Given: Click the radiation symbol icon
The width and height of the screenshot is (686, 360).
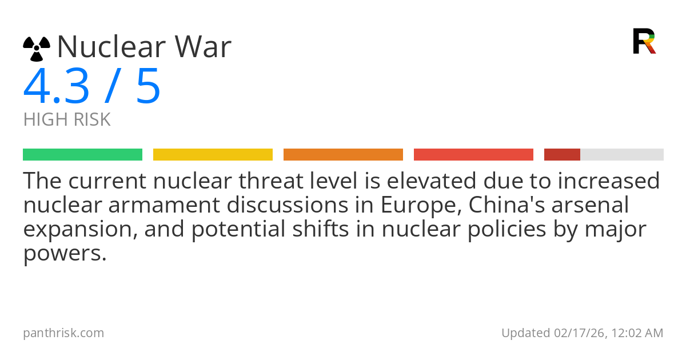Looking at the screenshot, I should [37, 49].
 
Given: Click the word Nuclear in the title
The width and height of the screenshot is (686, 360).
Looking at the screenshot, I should [109, 47].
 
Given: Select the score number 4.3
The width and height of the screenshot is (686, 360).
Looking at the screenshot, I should [56, 86].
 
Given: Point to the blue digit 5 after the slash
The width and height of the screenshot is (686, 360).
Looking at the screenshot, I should [148, 86].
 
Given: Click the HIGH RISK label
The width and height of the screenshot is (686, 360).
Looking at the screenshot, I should [67, 119].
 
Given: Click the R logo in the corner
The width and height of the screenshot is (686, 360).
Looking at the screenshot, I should [644, 41].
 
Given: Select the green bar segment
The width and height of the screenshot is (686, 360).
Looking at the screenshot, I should [82, 155].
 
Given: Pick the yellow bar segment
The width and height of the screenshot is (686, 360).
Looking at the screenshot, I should [213, 155].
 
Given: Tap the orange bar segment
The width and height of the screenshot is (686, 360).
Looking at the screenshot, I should [343, 155].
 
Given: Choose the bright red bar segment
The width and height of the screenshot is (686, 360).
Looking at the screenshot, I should [473, 155].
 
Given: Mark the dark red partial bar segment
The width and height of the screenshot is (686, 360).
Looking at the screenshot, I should [562, 155].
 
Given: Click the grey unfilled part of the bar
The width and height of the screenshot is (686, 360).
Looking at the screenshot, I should [622, 155].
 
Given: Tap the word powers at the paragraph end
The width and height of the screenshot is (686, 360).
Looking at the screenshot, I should [64, 254].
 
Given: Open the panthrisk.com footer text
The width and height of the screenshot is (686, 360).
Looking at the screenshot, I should [63, 333].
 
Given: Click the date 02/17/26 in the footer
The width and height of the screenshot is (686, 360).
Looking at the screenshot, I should [577, 333].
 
